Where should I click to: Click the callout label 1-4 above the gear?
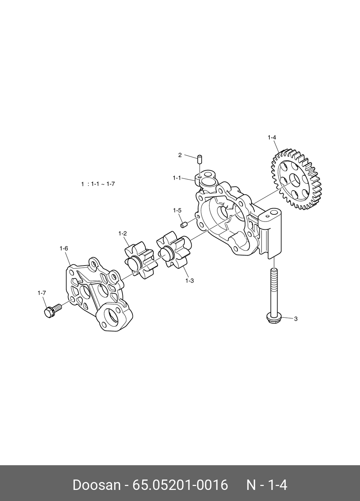click(272, 137)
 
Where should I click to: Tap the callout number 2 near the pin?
click(180, 155)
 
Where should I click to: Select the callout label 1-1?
click(177, 177)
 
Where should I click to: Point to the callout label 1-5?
click(177, 210)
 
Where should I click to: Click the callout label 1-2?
click(123, 233)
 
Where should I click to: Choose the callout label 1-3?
click(189, 281)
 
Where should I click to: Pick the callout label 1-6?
click(64, 248)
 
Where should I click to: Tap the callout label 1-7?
click(42, 293)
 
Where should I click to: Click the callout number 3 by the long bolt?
click(296, 318)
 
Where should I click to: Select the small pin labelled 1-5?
click(184, 224)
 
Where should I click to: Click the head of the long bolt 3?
click(274, 317)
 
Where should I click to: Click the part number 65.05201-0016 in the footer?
click(180, 485)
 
